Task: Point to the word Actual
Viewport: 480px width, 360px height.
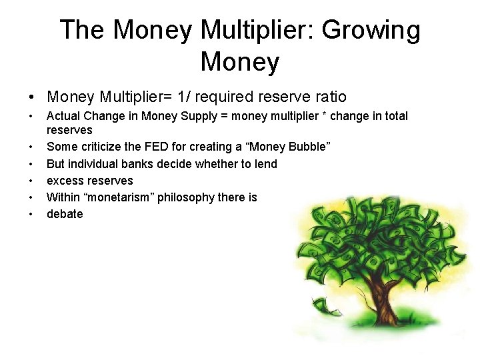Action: [x=64, y=116]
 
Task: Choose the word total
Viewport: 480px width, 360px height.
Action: [x=395, y=116]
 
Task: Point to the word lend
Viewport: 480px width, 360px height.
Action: [x=266, y=164]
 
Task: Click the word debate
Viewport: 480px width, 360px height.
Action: [x=65, y=214]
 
